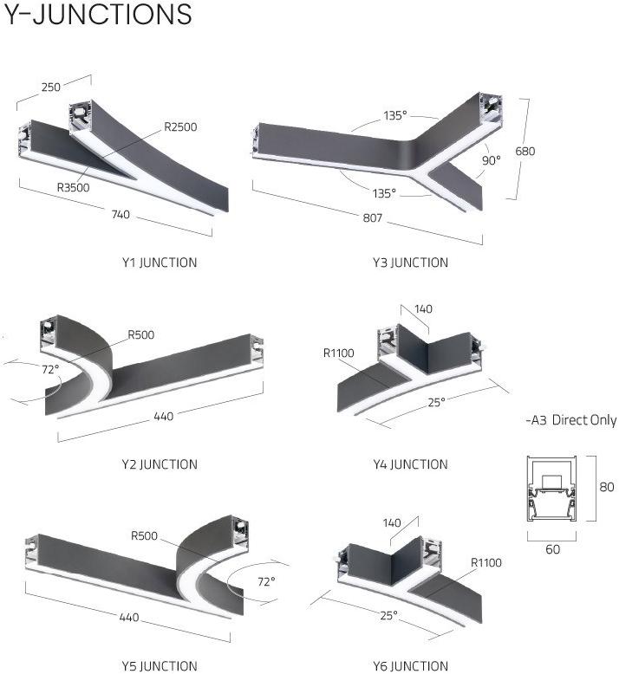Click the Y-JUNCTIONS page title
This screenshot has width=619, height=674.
98,14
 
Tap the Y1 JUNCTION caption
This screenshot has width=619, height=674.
160,262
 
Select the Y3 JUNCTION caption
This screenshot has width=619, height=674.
410,262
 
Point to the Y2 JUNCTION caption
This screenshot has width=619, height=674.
160,464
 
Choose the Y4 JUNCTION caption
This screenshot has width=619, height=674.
410,464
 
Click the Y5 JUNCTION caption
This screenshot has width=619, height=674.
160,666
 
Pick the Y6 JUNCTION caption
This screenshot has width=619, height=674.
410,666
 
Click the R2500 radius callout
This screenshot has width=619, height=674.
180,126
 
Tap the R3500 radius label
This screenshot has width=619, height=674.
74,187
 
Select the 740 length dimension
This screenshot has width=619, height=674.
121,214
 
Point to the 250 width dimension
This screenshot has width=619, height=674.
51,87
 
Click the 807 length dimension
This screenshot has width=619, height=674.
373,217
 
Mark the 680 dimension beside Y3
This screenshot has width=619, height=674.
525,152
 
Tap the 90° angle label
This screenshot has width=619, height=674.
492,160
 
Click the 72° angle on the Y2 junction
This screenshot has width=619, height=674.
50,369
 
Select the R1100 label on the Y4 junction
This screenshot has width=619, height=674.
338,353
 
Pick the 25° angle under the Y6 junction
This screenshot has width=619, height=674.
389,616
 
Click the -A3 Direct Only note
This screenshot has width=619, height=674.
571,420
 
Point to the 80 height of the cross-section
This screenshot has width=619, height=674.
607,487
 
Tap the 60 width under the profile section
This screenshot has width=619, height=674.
553,549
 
